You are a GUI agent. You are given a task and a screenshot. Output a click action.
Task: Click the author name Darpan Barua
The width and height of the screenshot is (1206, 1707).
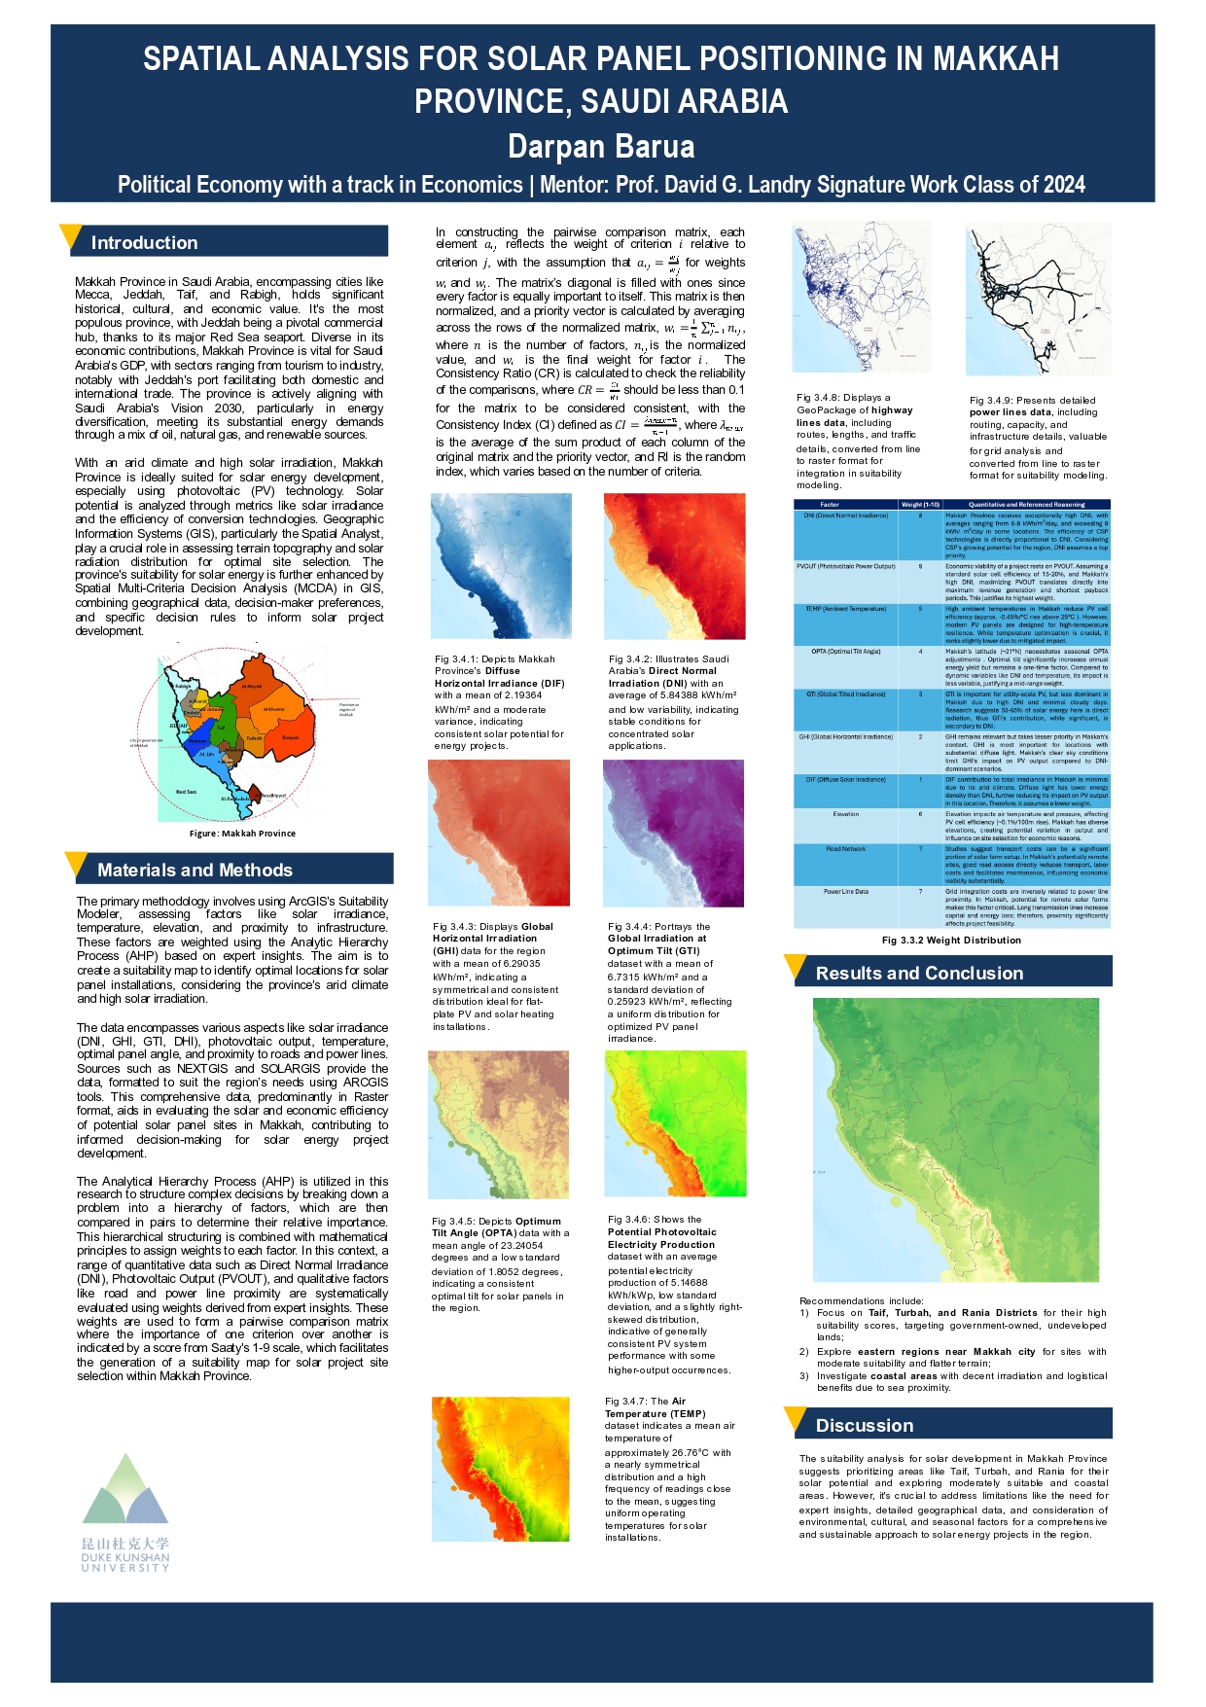click(601, 147)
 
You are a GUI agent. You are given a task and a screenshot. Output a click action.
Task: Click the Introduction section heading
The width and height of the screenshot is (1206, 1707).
click(144, 243)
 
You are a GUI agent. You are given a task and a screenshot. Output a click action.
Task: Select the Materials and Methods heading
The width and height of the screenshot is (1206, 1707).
click(195, 871)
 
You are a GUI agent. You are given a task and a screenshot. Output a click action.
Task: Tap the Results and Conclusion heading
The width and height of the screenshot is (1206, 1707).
click(919, 974)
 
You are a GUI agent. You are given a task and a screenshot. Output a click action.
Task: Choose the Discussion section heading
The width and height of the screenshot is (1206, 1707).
click(865, 1426)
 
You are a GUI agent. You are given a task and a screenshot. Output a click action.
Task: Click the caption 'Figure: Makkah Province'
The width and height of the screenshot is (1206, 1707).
click(242, 834)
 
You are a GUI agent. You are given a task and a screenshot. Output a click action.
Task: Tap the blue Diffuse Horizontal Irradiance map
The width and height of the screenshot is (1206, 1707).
click(501, 566)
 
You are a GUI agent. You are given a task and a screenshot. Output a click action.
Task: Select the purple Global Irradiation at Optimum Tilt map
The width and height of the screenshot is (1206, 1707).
click(674, 833)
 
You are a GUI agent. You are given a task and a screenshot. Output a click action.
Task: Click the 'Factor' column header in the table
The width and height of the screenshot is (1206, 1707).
click(830, 505)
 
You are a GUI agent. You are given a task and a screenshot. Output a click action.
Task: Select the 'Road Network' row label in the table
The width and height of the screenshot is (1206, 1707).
click(846, 849)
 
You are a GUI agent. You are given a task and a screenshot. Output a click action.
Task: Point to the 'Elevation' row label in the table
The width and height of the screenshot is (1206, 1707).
click(845, 814)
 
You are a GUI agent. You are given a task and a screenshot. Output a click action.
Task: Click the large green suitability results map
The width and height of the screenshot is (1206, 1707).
click(955, 1139)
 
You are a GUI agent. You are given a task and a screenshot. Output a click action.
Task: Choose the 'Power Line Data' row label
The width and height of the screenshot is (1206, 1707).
click(846, 892)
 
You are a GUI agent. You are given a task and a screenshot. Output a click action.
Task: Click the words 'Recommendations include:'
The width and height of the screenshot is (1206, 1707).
click(862, 1300)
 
